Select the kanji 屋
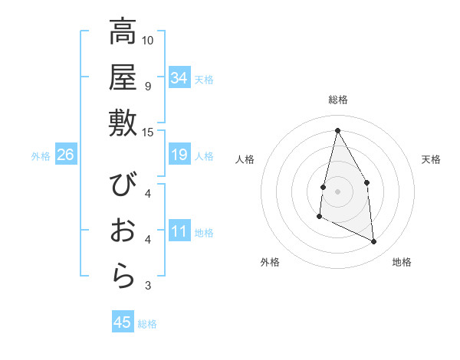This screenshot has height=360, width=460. [x=123, y=77]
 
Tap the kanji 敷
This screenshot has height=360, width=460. [x=123, y=123]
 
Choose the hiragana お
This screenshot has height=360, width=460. [x=123, y=231]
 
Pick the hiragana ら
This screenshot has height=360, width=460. [x=123, y=276]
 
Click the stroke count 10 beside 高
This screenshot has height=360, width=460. [x=148, y=40]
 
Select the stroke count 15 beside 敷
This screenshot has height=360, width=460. [x=148, y=131]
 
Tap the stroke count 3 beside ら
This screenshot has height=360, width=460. [x=148, y=286]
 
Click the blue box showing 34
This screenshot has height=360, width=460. [x=179, y=78]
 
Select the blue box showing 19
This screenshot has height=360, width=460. [x=179, y=155]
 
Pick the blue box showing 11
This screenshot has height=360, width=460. [x=179, y=231]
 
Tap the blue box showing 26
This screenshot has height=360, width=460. [x=65, y=155]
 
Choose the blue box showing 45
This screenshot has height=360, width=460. [x=123, y=322]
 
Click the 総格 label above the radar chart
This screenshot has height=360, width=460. [x=338, y=100]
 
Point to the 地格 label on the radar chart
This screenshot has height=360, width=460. [x=402, y=262]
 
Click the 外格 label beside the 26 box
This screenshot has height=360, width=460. [x=41, y=156]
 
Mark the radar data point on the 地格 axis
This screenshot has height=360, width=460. [x=374, y=242]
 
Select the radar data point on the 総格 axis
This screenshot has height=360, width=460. [x=337, y=130]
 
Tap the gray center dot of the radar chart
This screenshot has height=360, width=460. [x=337, y=191]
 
